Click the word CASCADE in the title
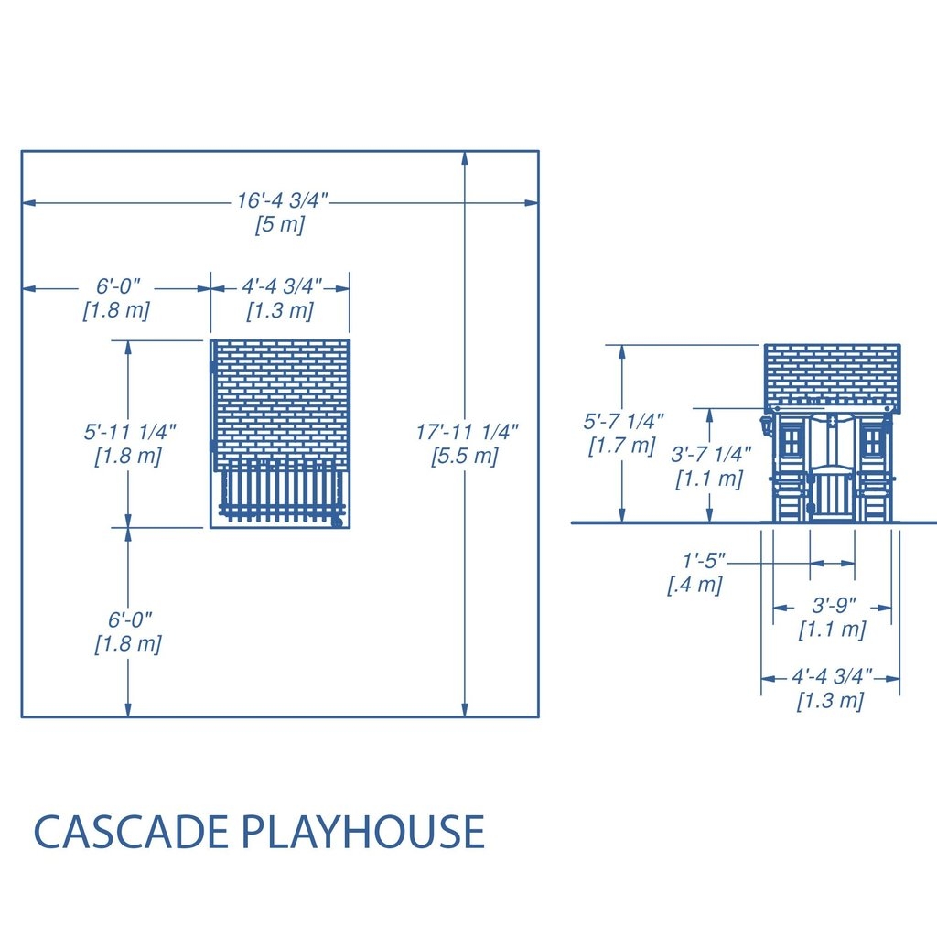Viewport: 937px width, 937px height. (x=130, y=831)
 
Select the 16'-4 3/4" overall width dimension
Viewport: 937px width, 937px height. (x=283, y=200)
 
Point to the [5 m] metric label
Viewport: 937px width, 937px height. (x=280, y=225)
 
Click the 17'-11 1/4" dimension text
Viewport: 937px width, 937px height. (x=467, y=432)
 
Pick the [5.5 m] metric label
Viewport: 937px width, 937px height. (x=465, y=456)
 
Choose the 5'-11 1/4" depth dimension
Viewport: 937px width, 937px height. (x=130, y=432)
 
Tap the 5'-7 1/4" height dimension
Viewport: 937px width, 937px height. (x=623, y=421)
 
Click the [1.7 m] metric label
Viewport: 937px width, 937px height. (x=622, y=446)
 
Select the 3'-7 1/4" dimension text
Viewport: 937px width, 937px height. (x=710, y=455)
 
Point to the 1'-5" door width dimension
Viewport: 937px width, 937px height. (x=704, y=561)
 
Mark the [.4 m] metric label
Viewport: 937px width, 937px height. (x=695, y=585)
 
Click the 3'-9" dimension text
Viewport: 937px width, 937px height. (x=834, y=606)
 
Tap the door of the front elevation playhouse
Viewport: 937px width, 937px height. (x=832, y=492)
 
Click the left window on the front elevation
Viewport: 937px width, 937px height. (x=792, y=442)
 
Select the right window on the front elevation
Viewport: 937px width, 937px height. (x=873, y=442)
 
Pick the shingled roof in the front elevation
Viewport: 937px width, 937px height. (x=832, y=378)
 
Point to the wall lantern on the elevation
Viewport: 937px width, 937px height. (x=765, y=426)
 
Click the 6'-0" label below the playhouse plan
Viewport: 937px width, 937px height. (x=130, y=619)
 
